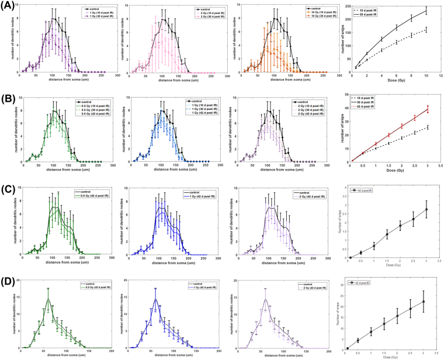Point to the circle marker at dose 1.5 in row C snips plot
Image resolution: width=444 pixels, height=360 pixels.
pos(387,235)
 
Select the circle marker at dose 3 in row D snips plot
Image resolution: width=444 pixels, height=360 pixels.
pos(427,302)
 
